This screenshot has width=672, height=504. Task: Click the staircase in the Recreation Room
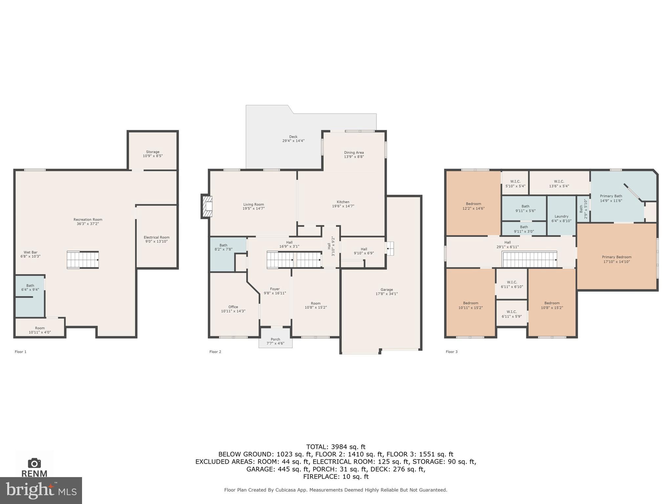point(83,260)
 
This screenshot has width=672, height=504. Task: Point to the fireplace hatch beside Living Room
point(207,206)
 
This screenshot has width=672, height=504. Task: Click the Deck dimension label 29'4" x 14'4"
point(293,141)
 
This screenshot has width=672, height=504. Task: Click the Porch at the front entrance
point(275,339)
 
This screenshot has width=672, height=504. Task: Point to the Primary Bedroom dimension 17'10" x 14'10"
point(617,262)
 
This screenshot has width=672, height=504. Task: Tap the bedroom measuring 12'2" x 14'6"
point(473,206)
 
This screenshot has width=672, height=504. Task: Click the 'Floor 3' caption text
point(451,352)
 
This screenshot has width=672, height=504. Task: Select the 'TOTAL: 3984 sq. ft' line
point(336,447)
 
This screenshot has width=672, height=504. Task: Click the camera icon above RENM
point(34,463)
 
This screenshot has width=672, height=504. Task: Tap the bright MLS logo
point(41,490)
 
